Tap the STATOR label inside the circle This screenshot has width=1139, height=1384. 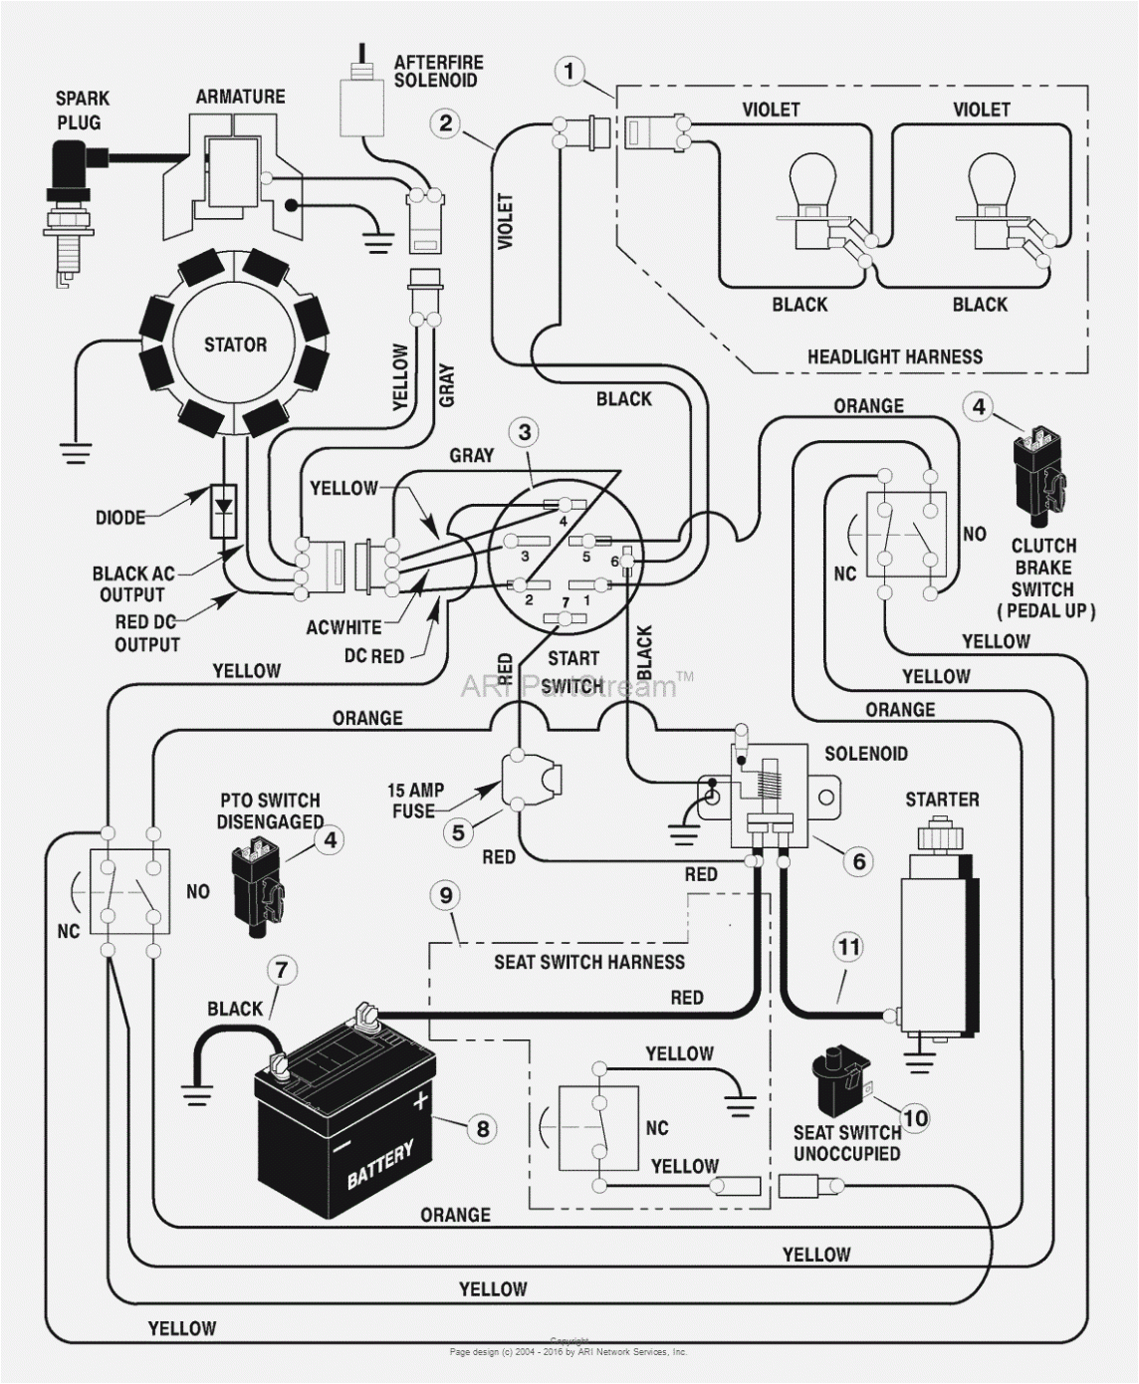pos(235,346)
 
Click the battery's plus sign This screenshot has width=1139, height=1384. pos(419,1101)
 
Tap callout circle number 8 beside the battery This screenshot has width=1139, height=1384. pos(482,1128)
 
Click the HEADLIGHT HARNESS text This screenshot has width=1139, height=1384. pos(894,356)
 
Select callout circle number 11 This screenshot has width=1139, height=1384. pos(847,947)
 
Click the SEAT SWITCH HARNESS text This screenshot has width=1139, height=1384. pos(589,962)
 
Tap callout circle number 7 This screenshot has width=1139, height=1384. pos(282,969)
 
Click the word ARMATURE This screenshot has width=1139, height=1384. pos(240,97)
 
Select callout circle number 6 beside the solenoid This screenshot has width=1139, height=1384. pos(858,860)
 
